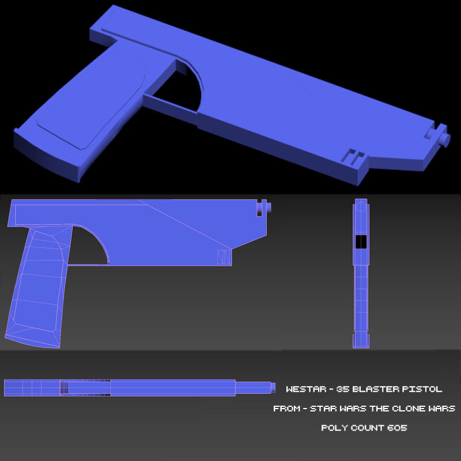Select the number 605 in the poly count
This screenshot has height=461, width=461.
[x=398, y=428]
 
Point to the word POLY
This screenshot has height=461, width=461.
[x=332, y=428]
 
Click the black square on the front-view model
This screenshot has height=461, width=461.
[x=361, y=242]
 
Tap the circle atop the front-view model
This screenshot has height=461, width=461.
[x=361, y=206]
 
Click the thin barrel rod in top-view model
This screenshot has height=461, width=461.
[x=254, y=387]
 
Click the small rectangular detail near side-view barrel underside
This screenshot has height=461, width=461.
[x=222, y=258]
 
